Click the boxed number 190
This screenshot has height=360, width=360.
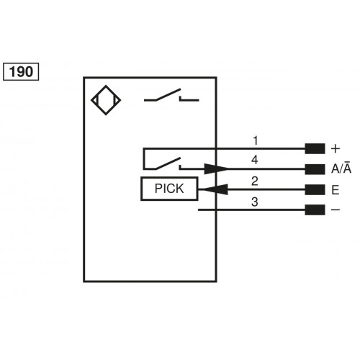coord(21,72)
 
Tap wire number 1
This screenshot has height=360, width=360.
coord(254,139)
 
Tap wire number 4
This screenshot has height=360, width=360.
coord(254,159)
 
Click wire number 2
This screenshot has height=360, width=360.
coord(254,180)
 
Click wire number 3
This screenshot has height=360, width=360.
coord(254,201)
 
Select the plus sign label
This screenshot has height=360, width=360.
coord(335,149)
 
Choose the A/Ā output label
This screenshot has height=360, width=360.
coord(341,170)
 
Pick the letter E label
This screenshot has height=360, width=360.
coord(335,190)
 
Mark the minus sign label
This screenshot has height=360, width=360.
coord(335,210)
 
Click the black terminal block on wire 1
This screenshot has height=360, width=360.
coord(314,149)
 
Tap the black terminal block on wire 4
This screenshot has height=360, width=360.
coord(314,170)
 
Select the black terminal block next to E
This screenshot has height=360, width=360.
coord(314,190)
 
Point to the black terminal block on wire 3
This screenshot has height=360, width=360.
coord(314,210)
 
